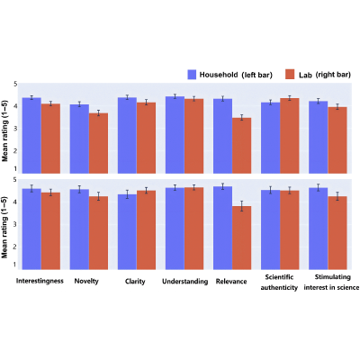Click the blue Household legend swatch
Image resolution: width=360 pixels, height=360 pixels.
tap(192, 75)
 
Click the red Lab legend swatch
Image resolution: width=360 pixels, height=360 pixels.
tap(290, 75)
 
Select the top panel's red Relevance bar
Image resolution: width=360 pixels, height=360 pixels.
tap(242, 146)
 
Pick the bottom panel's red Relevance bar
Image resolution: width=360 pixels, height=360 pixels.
tap(242, 238)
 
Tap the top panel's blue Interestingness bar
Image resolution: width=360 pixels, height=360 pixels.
tap(31, 135)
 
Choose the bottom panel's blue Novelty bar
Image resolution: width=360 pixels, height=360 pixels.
tap(79, 229)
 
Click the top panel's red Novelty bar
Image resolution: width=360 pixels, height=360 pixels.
tap(98, 143)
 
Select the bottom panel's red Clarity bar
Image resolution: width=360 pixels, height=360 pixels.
tap(146, 229)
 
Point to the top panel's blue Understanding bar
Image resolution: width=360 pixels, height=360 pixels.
tap(175, 135)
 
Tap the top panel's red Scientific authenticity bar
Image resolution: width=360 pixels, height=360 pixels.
tap(290, 136)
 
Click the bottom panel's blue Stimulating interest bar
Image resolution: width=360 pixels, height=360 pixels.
tap(319, 229)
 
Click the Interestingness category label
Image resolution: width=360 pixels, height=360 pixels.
tap(40, 281)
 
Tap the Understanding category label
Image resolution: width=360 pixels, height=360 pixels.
tap(184, 282)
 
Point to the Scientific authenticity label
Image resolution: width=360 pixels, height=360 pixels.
tap(279, 283)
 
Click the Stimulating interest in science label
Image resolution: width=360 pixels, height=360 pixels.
tap(331, 283)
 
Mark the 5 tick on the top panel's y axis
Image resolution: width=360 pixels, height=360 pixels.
tap(15, 84)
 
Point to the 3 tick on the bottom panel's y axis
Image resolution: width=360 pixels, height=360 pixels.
tap(15, 224)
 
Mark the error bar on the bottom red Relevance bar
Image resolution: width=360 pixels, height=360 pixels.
tap(242, 206)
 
